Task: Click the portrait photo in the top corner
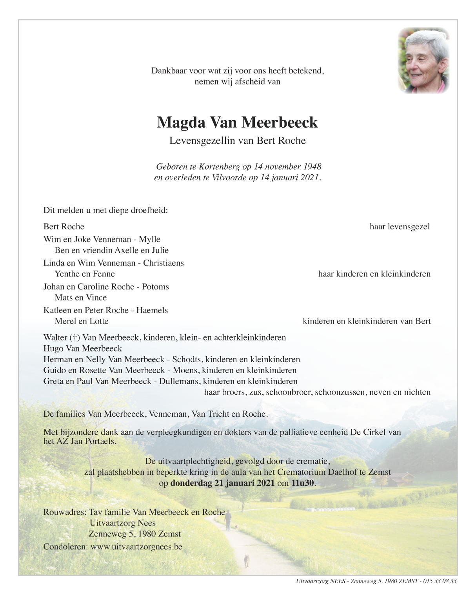(x=423, y=61)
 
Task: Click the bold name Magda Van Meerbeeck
(x=237, y=123)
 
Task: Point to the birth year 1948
(x=312, y=167)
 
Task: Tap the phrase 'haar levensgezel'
(x=400, y=227)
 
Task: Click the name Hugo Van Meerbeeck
(x=83, y=348)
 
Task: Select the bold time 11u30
(x=303, y=483)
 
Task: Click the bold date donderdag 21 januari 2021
(x=222, y=483)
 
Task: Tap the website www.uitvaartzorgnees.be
(x=136, y=547)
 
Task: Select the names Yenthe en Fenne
(x=85, y=274)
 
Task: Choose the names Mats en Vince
(x=81, y=298)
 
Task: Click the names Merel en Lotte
(x=82, y=321)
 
